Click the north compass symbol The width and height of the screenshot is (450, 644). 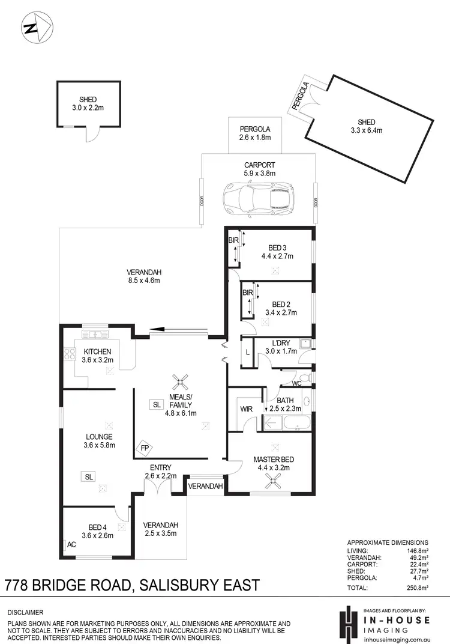click(x=37, y=28)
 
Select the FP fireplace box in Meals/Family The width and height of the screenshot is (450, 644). click(x=145, y=448)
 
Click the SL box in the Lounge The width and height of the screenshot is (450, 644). click(x=89, y=476)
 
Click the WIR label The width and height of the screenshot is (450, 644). click(x=246, y=409)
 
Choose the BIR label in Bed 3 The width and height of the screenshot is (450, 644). click(x=233, y=240)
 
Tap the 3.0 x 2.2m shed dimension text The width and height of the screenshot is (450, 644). click(x=88, y=108)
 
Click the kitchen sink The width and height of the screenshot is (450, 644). click(x=95, y=333)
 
